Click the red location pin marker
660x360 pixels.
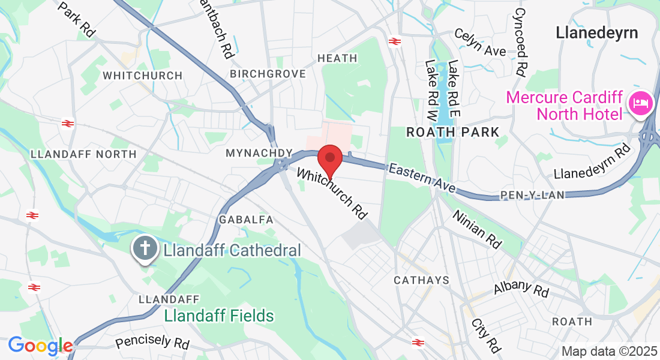coord(329,159)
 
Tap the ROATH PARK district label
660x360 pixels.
coord(452,132)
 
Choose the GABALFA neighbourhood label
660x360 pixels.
coord(247,220)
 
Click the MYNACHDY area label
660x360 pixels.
coord(258,154)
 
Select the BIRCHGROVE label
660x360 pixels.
coord(268,74)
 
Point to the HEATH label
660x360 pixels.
coord(337,58)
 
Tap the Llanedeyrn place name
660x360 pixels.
coord(597,32)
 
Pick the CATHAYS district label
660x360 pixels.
coord(421,280)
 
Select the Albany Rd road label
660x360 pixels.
coord(521,288)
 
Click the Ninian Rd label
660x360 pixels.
coord(477,229)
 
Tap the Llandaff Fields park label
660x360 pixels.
coord(219,316)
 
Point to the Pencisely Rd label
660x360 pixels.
coord(152,343)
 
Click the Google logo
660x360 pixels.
coord(40,346)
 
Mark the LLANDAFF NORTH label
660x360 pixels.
coord(83,154)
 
